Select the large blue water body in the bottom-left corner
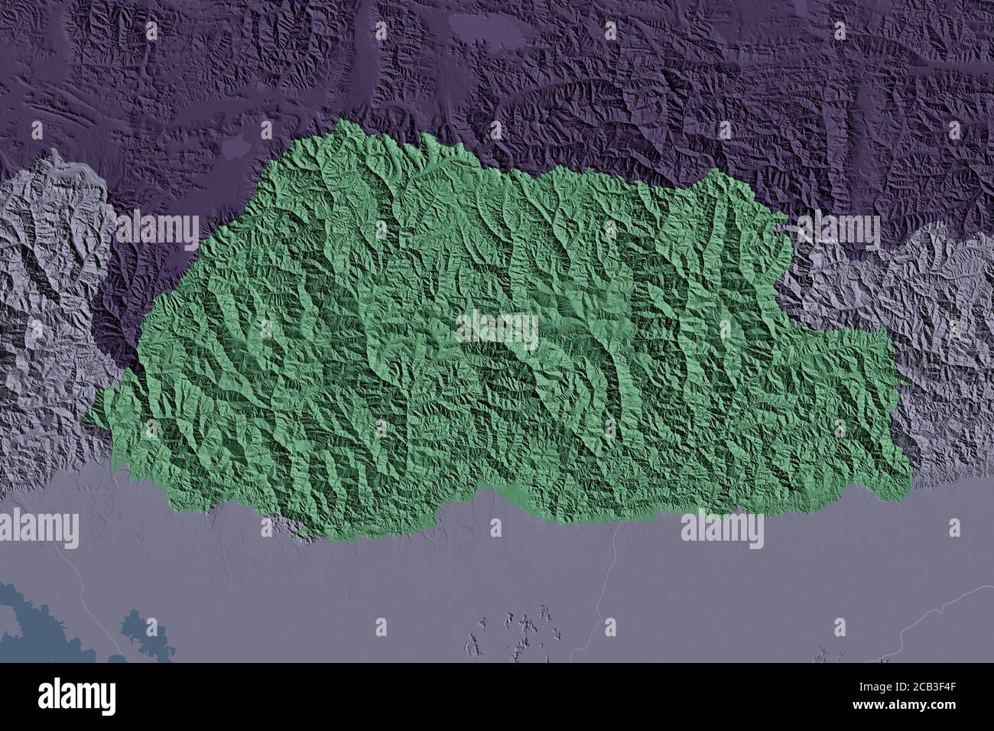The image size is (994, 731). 31,619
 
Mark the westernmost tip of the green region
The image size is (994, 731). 86,417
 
